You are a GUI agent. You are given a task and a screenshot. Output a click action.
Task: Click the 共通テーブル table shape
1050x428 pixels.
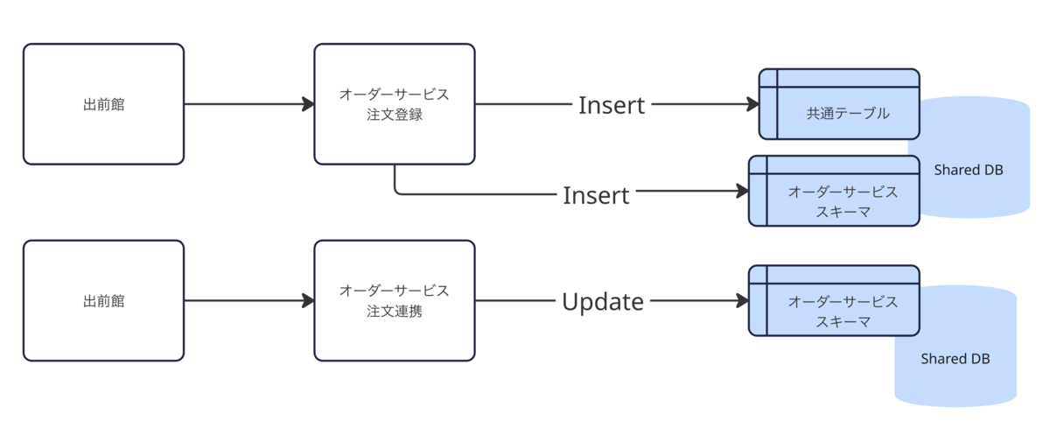(839, 104)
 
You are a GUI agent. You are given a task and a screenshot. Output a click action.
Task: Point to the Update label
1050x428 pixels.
(603, 301)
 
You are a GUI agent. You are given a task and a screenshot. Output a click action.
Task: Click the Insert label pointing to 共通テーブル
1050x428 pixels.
(612, 105)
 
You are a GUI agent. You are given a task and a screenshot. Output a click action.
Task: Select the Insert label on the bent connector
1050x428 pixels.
(596, 195)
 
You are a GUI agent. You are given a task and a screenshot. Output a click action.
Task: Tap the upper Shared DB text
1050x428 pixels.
(969, 170)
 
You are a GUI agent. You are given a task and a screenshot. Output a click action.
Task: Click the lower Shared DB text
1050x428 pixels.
(955, 359)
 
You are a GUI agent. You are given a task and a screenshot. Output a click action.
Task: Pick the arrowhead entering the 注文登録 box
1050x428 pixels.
(308, 104)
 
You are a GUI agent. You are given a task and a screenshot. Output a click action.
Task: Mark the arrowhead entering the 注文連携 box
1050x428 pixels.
(308, 300)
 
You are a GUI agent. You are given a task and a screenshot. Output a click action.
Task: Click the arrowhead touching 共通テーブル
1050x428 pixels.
(752, 104)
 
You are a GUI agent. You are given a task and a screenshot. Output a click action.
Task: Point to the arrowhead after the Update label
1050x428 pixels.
(743, 300)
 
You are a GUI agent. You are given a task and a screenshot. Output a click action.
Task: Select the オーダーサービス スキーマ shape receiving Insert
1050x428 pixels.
(834, 191)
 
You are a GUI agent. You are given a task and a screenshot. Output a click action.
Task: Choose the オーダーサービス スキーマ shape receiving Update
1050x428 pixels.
(834, 300)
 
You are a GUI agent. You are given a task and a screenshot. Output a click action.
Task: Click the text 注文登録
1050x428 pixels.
(395, 115)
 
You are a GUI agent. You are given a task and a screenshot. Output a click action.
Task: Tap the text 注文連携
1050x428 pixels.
(395, 311)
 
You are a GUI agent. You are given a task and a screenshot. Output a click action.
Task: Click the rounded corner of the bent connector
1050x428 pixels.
(397, 192)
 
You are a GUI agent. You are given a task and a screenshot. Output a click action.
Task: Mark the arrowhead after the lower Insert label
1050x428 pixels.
(743, 191)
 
